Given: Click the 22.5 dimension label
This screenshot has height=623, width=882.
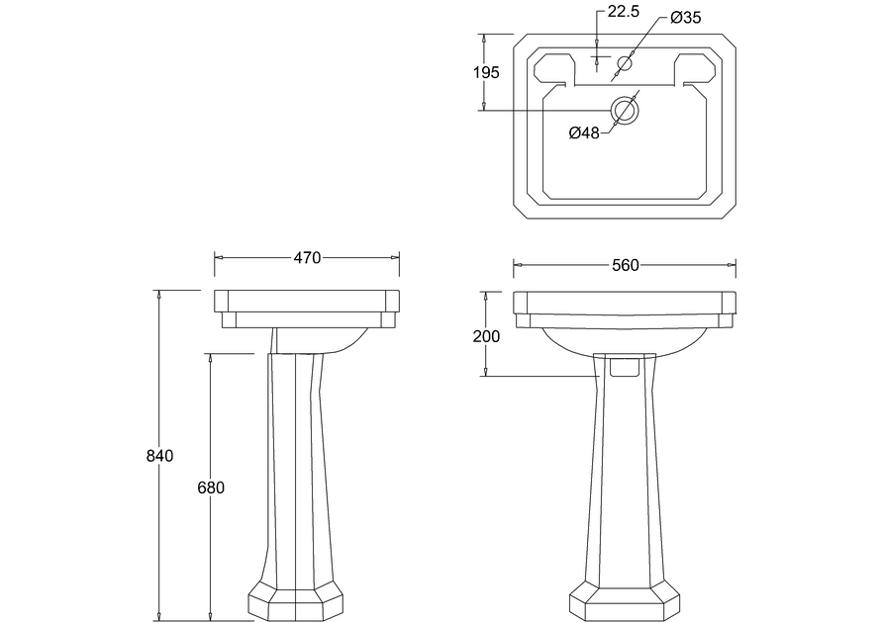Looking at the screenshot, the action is tap(624, 12).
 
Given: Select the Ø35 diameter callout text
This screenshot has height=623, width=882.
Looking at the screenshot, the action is tap(686, 18).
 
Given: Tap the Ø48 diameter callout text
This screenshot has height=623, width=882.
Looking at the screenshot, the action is tap(584, 133).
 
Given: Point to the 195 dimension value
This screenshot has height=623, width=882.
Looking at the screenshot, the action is tap(486, 72).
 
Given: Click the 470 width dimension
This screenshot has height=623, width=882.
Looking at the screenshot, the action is tap(307, 257).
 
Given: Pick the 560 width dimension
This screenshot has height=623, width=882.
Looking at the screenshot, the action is tap(626, 265).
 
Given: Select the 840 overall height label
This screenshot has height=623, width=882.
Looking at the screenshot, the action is tap(159, 456).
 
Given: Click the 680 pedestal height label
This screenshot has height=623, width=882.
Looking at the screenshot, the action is tap(211, 488).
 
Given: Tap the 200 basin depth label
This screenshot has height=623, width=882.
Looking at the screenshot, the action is tap(486, 336).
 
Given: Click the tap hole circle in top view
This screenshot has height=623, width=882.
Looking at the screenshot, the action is tap(625, 61).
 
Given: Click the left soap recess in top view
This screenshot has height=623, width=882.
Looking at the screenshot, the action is tap(554, 71).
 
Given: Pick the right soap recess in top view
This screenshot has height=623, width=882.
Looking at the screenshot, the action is tap(696, 71).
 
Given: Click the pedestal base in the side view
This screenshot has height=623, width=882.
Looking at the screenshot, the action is tap(296, 601).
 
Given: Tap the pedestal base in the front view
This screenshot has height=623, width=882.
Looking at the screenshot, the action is tap(625, 601).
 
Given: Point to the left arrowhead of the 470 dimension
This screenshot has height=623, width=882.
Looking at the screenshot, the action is tap(219, 257).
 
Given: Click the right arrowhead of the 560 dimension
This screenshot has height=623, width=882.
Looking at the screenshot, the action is tap(732, 265).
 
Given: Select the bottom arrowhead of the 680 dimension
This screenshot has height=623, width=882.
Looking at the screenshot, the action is tap(211, 616).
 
